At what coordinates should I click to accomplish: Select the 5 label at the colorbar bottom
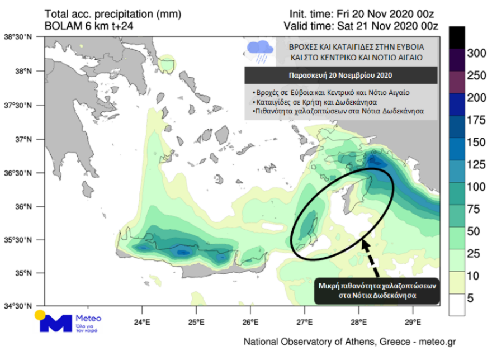471,299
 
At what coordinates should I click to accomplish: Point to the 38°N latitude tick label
23,72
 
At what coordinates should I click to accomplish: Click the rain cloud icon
261,51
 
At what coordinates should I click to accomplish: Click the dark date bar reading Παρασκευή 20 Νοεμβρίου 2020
340,74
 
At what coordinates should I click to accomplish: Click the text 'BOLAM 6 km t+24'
89,25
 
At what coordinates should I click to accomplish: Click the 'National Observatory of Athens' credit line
350,341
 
